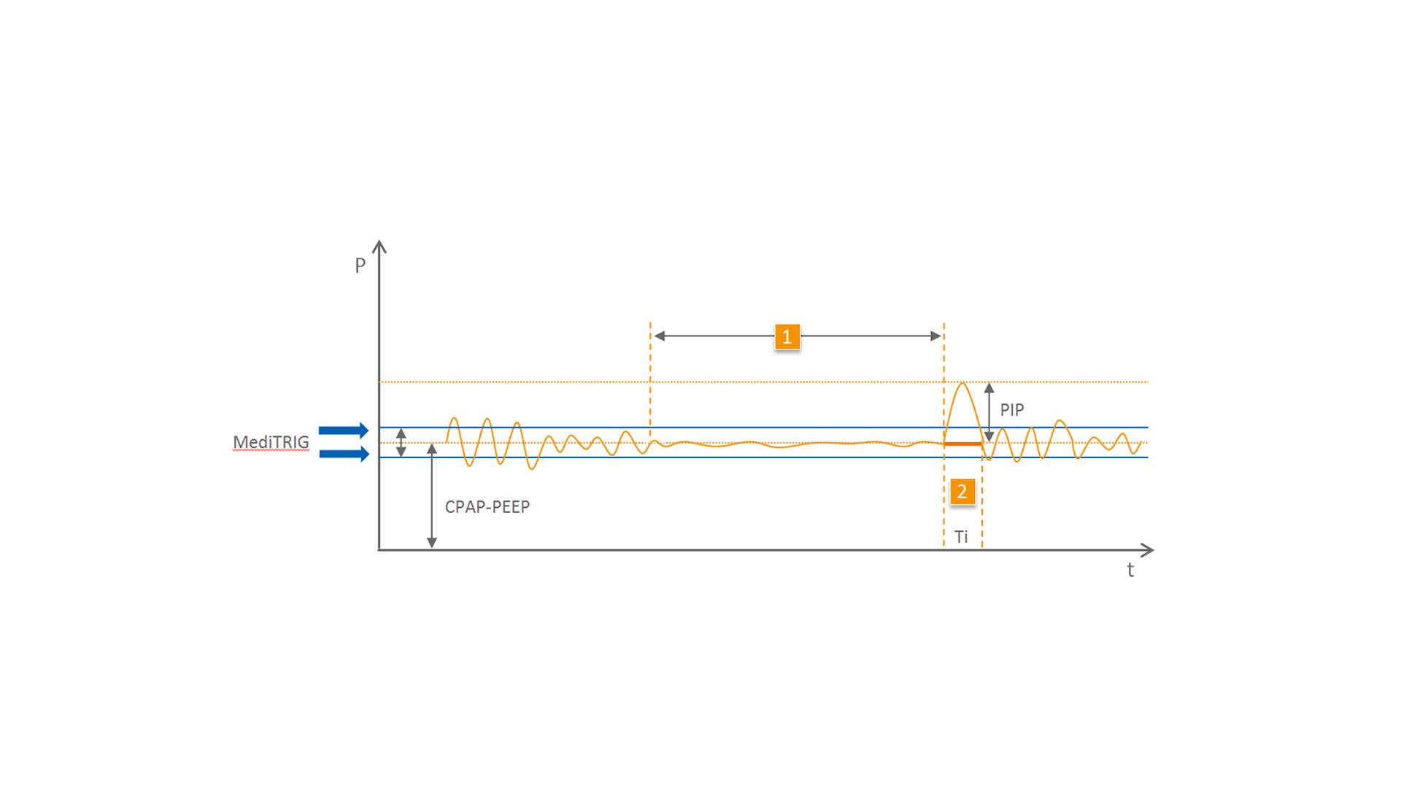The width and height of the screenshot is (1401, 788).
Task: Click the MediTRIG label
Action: pos(271,442)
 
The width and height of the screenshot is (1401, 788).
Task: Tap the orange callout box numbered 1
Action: pos(787,336)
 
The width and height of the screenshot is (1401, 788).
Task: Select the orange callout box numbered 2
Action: pos(962,492)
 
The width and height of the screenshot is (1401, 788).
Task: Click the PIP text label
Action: pos(1011,410)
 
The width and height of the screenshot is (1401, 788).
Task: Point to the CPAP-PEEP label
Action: pos(487,507)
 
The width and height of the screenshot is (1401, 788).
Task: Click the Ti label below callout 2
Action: pos(961,537)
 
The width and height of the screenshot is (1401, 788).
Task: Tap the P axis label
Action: pos(360,266)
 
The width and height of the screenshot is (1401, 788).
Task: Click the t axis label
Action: pos(1130,571)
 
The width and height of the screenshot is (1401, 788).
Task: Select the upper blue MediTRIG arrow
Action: pos(344,430)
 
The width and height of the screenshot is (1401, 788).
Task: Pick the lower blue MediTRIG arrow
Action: pos(344,454)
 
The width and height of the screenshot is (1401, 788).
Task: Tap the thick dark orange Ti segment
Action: pos(962,444)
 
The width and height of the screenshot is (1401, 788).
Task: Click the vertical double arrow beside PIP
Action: pos(989,412)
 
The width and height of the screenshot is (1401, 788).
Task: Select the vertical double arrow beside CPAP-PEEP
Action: pos(431,496)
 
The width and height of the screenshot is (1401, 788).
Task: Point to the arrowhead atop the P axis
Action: pos(379,245)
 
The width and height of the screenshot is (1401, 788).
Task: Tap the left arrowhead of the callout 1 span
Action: pos(659,336)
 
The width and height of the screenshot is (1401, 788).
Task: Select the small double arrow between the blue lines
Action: pos(401,443)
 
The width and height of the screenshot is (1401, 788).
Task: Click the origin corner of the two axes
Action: pos(379,549)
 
